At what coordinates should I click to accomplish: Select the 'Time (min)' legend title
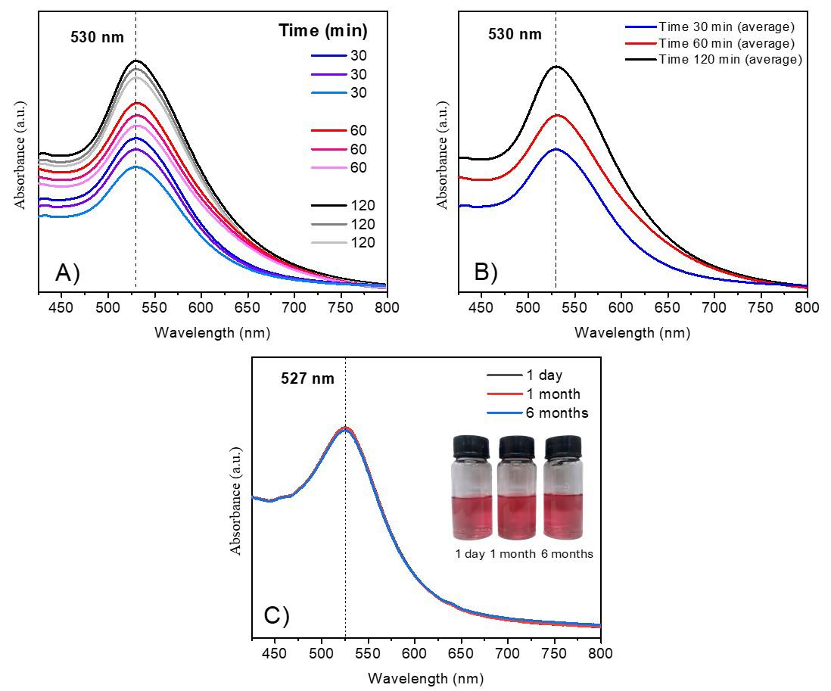322,31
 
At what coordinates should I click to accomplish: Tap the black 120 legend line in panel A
327,207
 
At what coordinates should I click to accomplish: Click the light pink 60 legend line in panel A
327,167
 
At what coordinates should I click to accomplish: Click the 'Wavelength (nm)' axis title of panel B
632,332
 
